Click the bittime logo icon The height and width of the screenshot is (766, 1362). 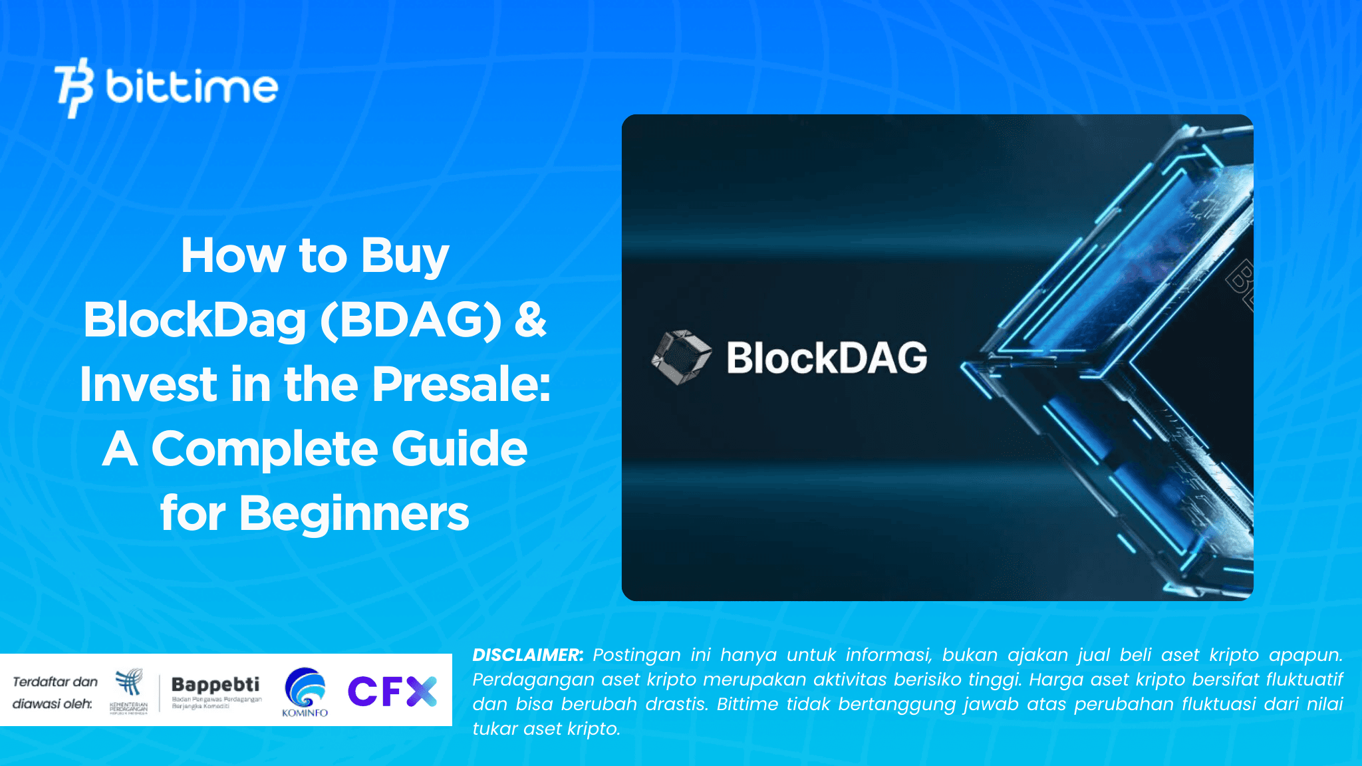[x=73, y=87]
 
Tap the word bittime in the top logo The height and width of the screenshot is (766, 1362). [x=192, y=87]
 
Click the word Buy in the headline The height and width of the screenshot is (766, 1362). [x=404, y=256]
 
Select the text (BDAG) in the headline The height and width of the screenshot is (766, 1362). [x=410, y=320]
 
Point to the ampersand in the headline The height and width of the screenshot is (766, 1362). [x=530, y=320]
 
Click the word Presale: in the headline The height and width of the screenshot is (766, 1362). [x=461, y=384]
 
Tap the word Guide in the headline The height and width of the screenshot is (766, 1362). [x=459, y=449]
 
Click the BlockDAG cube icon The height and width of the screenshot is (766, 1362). [x=680, y=356]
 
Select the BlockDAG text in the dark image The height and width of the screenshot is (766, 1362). [x=827, y=358]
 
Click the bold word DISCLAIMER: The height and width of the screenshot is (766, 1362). [x=527, y=655]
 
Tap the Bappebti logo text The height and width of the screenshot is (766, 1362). [x=215, y=684]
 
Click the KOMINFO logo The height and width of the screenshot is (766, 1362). [x=305, y=692]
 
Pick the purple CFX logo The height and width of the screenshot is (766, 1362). [x=392, y=691]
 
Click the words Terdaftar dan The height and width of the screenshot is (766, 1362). [x=55, y=682]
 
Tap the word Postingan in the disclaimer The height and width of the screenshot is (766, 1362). [x=636, y=655]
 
